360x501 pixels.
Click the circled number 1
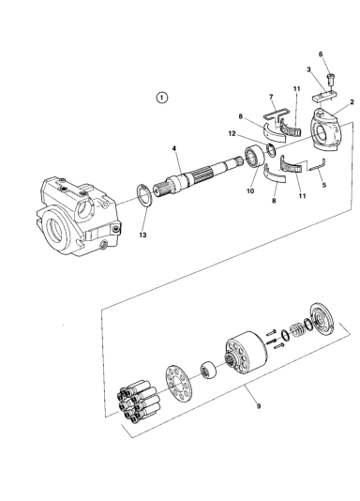pos(162,98)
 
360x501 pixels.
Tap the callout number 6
pos(321,54)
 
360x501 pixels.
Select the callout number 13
pos(142,235)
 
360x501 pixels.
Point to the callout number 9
pos(259,406)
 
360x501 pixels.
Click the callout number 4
pos(174,148)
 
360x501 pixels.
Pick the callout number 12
pos(232,133)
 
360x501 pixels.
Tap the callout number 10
pos(250,191)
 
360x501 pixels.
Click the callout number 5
pos(324,185)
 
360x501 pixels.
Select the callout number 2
pos(352,102)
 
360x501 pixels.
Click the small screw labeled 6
pos(330,78)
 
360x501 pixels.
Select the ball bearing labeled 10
pos(255,157)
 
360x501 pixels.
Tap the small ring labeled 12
pos(271,150)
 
